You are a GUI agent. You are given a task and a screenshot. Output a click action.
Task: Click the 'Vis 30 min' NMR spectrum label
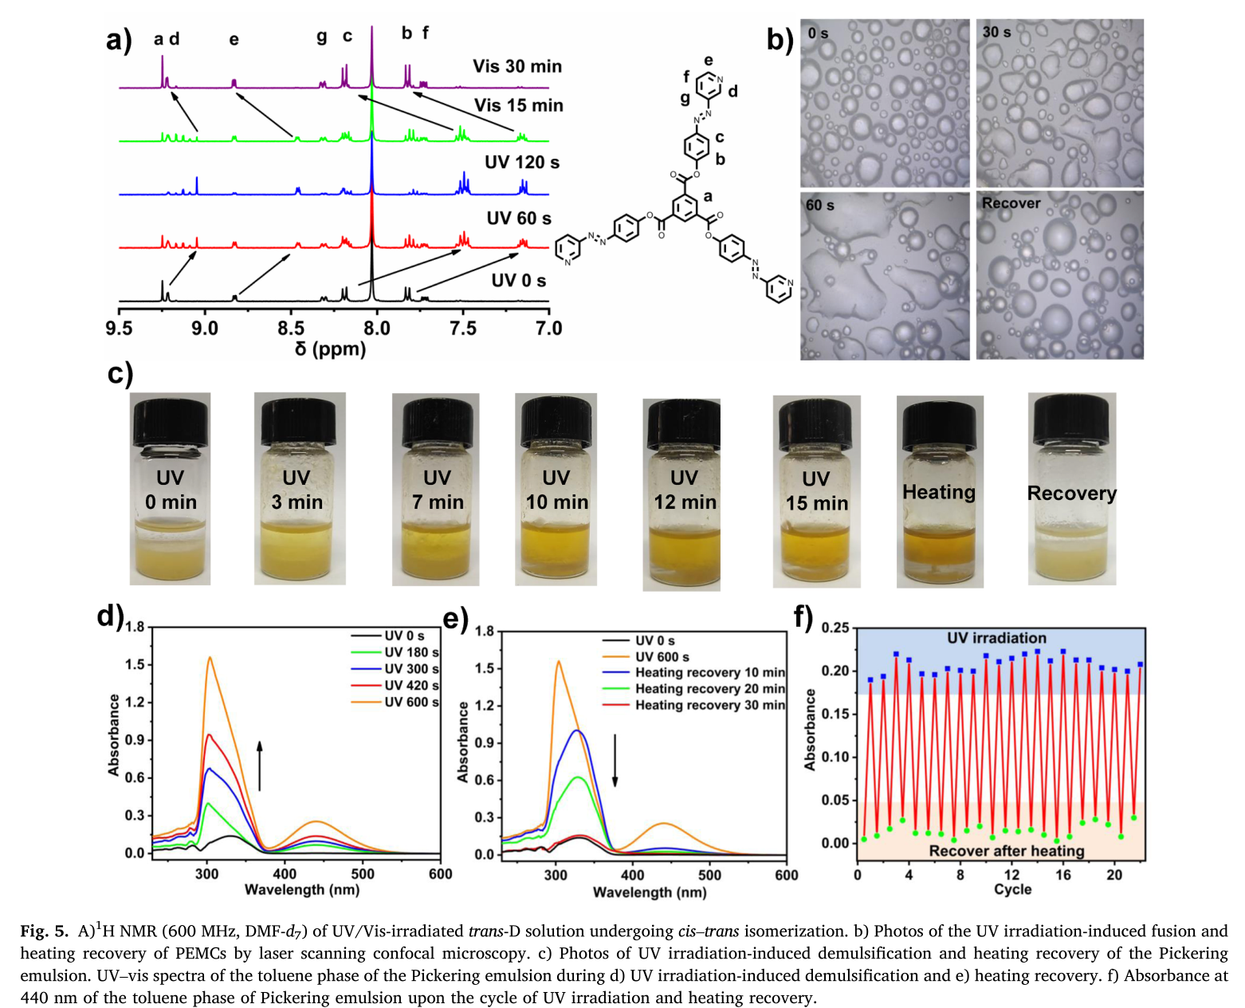(516, 66)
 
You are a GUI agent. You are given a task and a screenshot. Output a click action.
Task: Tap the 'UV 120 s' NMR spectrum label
(522, 163)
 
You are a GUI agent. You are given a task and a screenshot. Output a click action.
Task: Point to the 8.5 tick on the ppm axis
(291, 329)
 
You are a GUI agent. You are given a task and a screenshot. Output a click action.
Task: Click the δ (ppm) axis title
(330, 349)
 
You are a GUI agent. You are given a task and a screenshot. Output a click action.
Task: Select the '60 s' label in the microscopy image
(820, 206)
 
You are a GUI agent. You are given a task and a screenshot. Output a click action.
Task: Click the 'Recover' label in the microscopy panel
(1011, 203)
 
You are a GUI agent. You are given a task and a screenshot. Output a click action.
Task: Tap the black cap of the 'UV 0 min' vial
(171, 422)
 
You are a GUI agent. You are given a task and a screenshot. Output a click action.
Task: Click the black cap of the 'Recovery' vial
(1071, 419)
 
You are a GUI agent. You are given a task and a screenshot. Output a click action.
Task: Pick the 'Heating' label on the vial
(939, 492)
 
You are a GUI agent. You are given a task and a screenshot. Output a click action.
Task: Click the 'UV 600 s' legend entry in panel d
(411, 702)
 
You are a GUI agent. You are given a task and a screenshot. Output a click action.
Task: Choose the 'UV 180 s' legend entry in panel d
(411, 652)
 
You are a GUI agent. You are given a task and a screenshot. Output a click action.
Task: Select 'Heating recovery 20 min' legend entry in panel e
(709, 689)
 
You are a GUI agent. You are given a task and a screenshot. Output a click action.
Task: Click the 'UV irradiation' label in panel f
(996, 638)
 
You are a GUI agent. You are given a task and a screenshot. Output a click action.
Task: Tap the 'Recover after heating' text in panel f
(1007, 851)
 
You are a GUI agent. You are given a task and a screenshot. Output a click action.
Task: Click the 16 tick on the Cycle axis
(1063, 875)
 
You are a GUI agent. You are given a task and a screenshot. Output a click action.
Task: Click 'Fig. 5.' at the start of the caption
(45, 931)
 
